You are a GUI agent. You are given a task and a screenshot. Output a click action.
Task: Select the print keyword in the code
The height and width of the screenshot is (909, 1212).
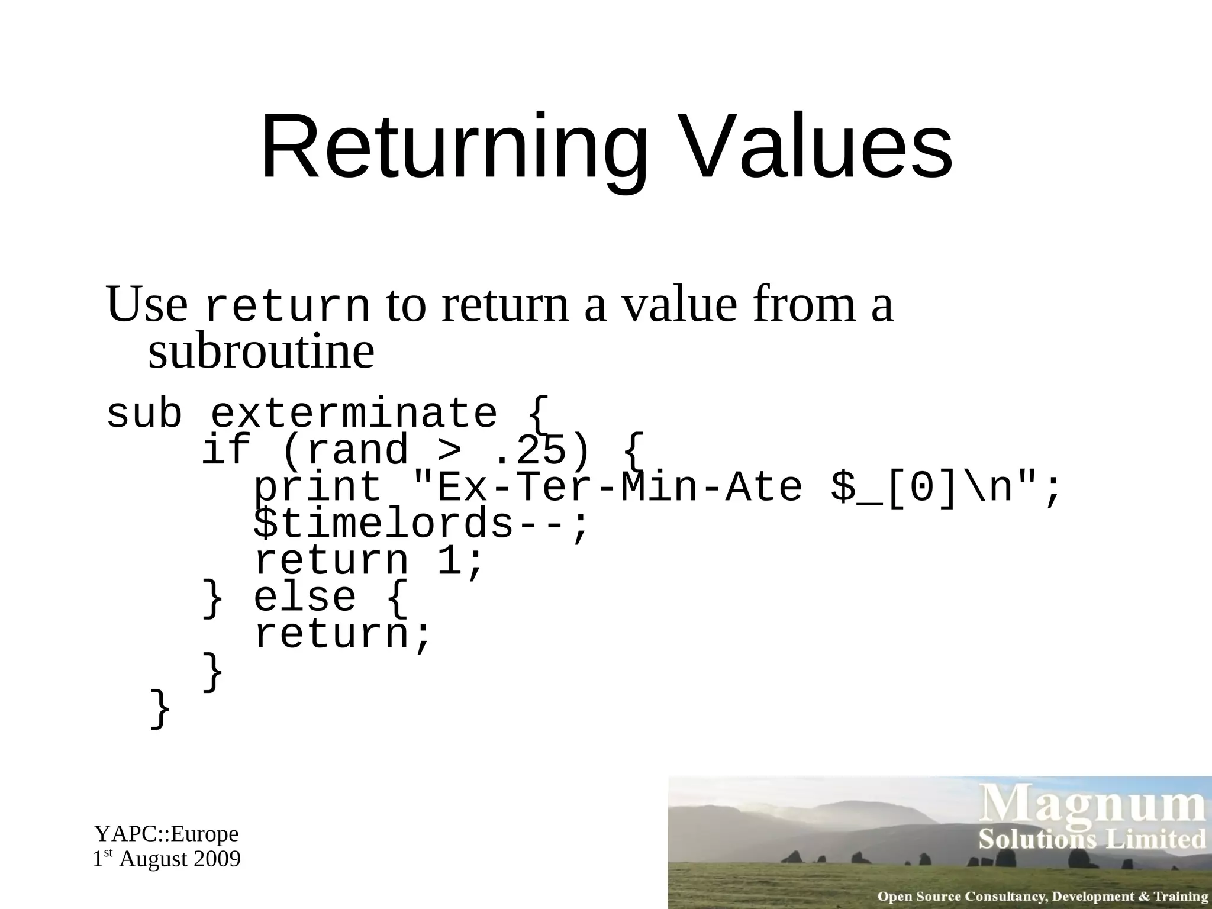tap(318, 489)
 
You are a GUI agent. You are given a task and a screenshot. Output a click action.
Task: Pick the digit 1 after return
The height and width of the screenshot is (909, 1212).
tap(449, 560)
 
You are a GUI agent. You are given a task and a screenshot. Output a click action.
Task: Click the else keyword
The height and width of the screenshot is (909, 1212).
tap(305, 597)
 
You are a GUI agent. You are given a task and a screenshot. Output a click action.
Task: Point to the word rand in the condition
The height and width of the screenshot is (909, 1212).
tap(357, 451)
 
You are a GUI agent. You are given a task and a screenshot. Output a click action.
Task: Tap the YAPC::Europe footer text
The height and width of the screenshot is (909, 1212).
tap(166, 834)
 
